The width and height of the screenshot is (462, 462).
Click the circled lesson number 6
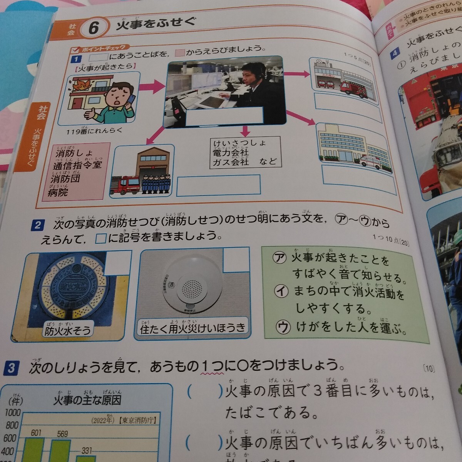[x=94, y=28]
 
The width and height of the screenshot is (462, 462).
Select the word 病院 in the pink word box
[x=58, y=192]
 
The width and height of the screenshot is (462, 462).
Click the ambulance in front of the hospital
[x=370, y=161]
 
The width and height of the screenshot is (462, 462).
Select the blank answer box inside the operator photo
[x=224, y=115]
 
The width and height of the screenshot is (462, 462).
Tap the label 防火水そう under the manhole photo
[x=68, y=330]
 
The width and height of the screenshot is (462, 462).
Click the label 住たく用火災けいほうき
[x=193, y=328]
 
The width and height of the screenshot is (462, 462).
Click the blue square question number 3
[x=11, y=368]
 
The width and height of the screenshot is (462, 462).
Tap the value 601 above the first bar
[x=36, y=434]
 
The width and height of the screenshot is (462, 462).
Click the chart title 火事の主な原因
[x=87, y=400]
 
